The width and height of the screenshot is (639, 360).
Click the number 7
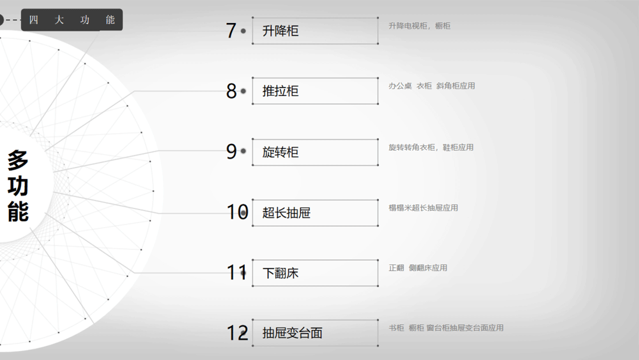231,31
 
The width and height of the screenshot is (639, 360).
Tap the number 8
231,91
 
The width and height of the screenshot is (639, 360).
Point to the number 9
231,152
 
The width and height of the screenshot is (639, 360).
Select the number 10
237,212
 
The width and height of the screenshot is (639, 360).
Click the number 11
236,272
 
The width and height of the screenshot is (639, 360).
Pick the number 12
237,333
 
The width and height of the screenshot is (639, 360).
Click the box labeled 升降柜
315,31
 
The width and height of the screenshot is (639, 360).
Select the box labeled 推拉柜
315,91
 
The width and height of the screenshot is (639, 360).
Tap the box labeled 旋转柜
315,152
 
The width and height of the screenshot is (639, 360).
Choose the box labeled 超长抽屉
315,212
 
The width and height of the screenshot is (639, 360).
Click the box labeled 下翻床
315,273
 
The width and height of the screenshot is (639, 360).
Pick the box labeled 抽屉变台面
315,333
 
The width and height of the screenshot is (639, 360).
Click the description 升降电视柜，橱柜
419,26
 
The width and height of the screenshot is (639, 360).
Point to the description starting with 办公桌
431,86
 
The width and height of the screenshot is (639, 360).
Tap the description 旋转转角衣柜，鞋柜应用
431,147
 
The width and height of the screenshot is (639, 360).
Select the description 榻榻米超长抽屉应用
423,208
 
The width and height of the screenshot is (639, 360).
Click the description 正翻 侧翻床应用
418,267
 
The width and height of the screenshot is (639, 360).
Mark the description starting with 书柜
446,328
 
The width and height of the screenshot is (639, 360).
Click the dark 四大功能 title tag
72,20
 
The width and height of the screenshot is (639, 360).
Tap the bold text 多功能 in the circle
18,186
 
